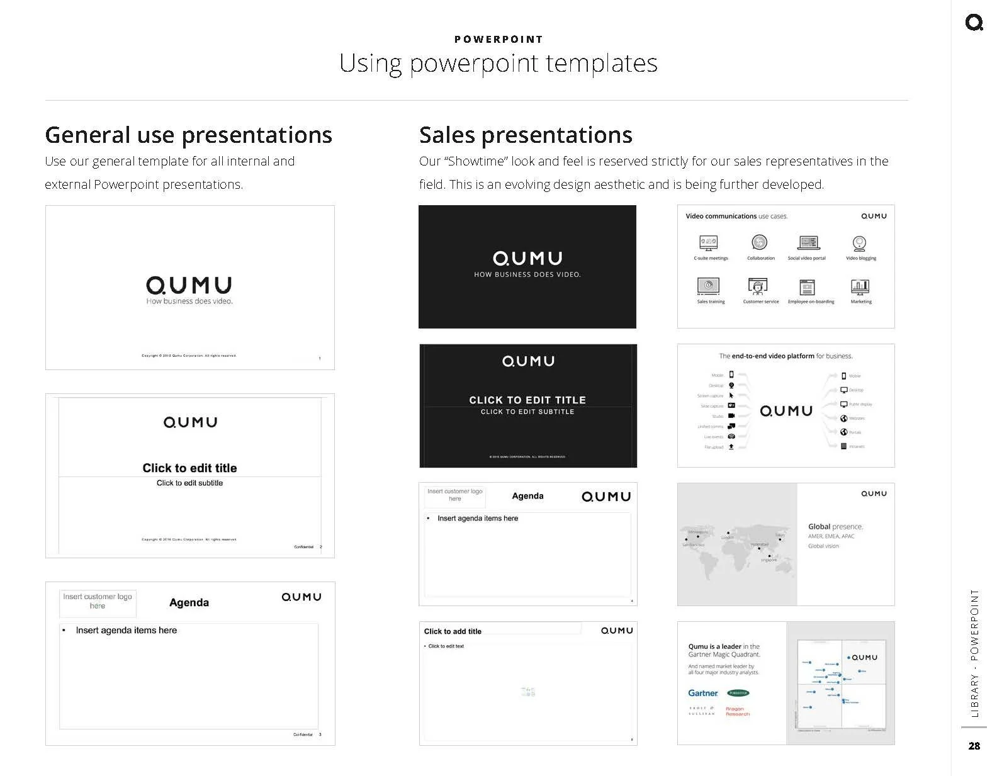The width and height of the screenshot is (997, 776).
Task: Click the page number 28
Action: pyautogui.click(x=974, y=746)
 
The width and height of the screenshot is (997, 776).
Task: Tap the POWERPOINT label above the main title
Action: pyautogui.click(x=498, y=39)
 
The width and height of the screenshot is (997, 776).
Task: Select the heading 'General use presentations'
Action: pyautogui.click(x=188, y=135)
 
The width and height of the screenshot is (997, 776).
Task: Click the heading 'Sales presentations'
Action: pyautogui.click(x=526, y=135)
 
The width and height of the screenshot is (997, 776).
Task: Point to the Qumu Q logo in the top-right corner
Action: pyautogui.click(x=974, y=23)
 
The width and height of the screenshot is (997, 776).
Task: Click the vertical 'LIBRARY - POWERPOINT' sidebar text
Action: pyautogui.click(x=974, y=653)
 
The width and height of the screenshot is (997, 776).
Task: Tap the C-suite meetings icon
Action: pyautogui.click(x=709, y=243)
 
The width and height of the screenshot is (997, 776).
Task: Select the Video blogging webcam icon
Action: pyautogui.click(x=860, y=243)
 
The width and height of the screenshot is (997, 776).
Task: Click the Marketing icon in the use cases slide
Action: pyautogui.click(x=860, y=287)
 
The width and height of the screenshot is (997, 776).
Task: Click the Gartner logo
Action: pyautogui.click(x=703, y=693)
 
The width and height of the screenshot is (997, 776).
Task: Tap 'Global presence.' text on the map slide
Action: pyautogui.click(x=835, y=526)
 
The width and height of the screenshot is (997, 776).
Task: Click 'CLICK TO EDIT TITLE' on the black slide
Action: pyautogui.click(x=527, y=400)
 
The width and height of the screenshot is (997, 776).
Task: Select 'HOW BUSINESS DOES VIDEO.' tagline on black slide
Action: pyautogui.click(x=527, y=274)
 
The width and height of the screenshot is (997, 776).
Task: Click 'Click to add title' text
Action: pyautogui.click(x=453, y=631)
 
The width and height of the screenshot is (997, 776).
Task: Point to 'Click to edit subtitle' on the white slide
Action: pyautogui.click(x=189, y=483)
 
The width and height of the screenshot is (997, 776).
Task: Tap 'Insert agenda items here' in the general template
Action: pyautogui.click(x=126, y=630)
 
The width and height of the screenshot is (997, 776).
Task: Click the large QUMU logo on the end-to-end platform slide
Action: pyautogui.click(x=786, y=411)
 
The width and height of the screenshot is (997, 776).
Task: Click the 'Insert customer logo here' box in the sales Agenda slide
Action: pyautogui.click(x=454, y=495)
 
